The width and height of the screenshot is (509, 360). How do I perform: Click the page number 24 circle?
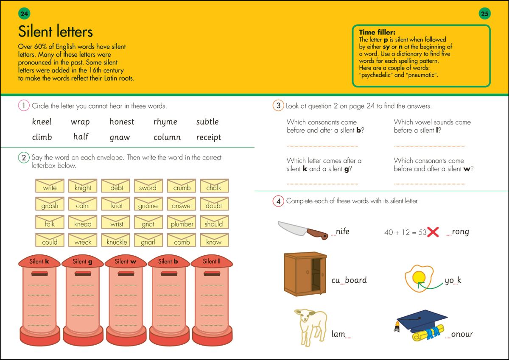coord(24,14)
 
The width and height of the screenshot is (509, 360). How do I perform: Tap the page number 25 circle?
coord(485,14)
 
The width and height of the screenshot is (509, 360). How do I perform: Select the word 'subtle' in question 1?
coord(207,122)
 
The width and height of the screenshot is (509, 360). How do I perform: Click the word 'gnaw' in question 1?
coord(120,137)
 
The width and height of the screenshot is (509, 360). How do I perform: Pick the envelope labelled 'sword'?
coord(148,187)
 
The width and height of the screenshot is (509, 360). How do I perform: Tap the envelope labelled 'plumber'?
coord(182,223)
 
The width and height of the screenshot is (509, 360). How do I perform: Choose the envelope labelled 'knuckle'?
coord(117,241)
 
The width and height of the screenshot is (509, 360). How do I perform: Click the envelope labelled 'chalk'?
coord(214,187)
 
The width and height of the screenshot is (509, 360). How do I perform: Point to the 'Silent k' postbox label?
coord(39,262)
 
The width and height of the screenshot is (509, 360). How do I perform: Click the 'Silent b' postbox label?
coord(168,262)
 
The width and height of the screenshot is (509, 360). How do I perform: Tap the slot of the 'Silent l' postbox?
coord(212,273)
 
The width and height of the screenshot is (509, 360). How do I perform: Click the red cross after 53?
coord(433,232)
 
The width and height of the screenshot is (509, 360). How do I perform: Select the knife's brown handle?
coord(317,233)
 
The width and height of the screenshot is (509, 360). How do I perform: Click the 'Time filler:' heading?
coord(377,32)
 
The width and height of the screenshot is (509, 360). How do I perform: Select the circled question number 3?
coord(278,106)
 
